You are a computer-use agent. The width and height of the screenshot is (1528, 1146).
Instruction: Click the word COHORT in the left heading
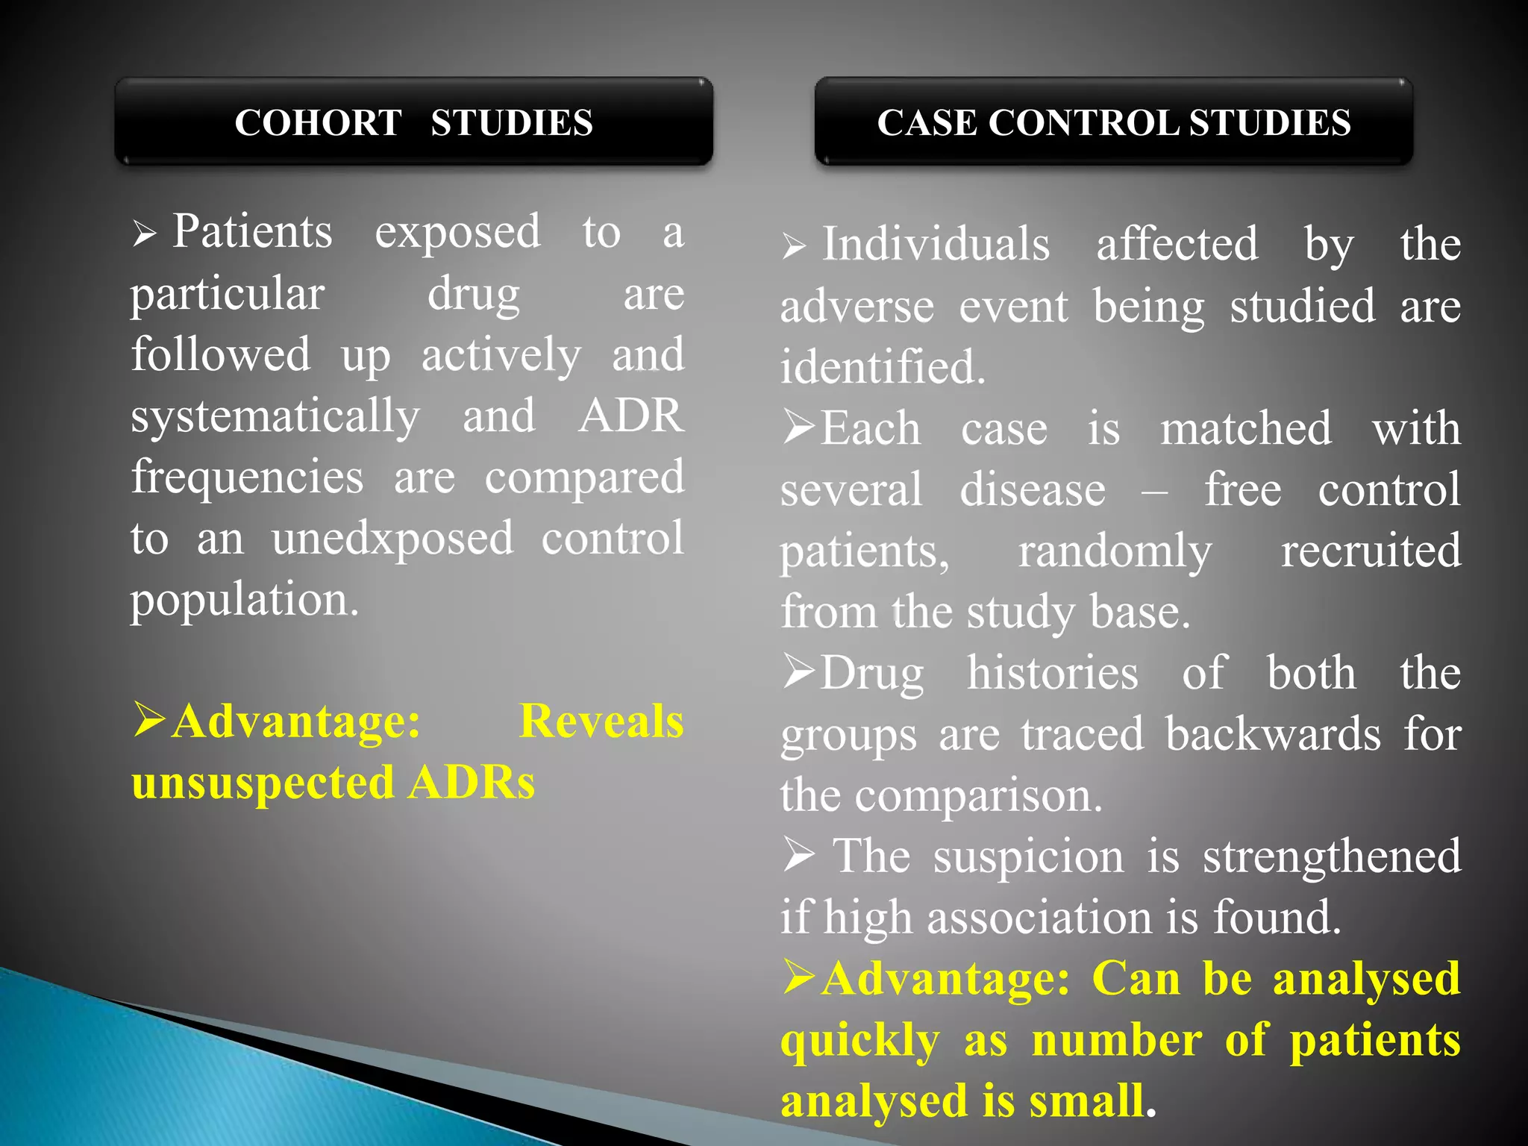coord(318,123)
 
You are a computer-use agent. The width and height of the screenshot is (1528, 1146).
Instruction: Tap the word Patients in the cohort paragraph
coord(252,231)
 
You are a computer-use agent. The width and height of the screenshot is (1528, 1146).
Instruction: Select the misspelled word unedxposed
coord(392,539)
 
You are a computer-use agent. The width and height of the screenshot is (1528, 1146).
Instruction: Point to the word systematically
coord(275,416)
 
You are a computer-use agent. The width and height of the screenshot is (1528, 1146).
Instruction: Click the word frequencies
coord(248,477)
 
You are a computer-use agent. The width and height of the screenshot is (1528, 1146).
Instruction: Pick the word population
coord(245,600)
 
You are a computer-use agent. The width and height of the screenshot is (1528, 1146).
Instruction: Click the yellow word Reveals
coord(601,722)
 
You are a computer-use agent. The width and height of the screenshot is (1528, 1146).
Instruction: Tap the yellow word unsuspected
coord(263,783)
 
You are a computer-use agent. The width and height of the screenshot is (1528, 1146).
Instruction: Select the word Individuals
coord(936,245)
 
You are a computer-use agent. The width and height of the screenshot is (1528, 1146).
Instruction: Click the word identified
coord(883,367)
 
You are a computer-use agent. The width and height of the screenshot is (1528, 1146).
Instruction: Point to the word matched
coord(1245,428)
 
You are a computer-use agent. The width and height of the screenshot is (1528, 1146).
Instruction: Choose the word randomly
coord(1115,552)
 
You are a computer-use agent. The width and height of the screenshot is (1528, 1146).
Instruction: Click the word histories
coord(1053,673)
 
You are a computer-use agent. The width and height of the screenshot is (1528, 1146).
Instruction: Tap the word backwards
coord(1273,734)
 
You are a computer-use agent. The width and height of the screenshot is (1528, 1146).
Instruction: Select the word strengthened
coord(1331,857)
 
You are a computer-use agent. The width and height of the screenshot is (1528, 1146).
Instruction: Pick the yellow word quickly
coord(859,1042)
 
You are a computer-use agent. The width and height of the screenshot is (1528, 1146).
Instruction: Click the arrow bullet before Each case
coord(799,428)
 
